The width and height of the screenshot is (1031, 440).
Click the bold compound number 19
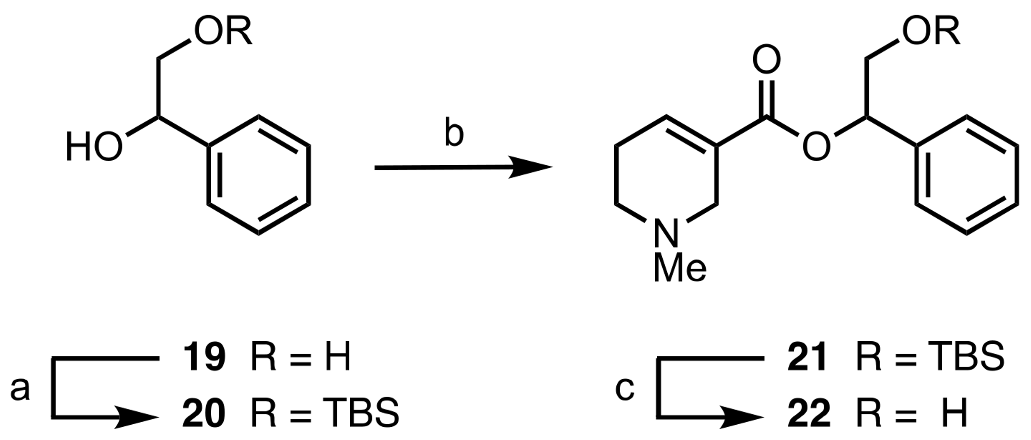[x=204, y=357]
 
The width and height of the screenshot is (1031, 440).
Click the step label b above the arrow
[x=454, y=132]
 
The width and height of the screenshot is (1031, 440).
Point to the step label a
[x=20, y=389]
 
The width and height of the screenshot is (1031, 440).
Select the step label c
[x=625, y=389]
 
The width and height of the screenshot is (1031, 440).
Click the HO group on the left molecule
[x=94, y=147]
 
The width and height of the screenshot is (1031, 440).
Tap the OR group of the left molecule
[x=223, y=31]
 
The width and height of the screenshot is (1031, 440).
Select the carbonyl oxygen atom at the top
[x=766, y=59]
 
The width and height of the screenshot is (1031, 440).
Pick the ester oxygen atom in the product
[x=816, y=147]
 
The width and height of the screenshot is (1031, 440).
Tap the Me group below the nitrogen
[x=680, y=269]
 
